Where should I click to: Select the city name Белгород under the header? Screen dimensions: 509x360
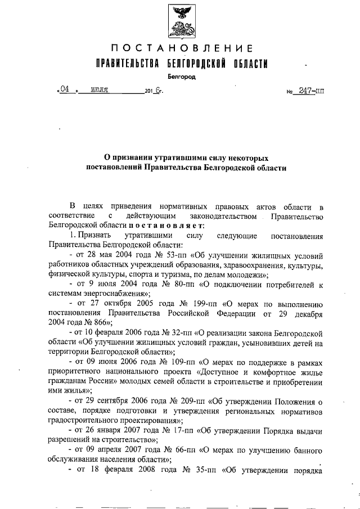click(182, 77)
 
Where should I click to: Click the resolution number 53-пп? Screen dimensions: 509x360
click(158, 255)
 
